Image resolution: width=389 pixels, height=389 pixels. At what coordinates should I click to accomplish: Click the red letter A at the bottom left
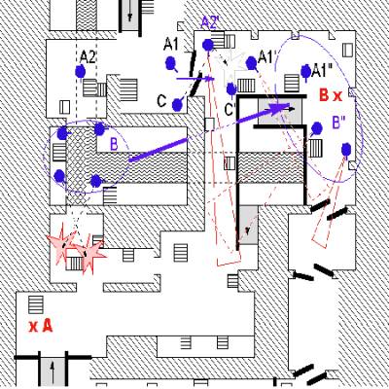(48, 326)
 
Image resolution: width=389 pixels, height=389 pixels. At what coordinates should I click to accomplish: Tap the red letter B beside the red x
(324, 95)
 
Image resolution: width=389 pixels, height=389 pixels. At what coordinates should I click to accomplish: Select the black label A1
(171, 45)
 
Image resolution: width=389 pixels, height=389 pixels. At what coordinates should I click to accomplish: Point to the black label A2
(88, 57)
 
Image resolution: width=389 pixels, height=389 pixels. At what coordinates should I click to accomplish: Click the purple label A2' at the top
(211, 22)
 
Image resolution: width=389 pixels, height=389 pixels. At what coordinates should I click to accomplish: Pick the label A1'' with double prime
(322, 71)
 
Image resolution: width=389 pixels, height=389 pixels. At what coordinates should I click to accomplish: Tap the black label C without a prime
(161, 101)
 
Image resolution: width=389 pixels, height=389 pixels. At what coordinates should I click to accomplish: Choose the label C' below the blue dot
(230, 110)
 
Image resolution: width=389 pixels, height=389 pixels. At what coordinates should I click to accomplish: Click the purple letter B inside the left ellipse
(114, 145)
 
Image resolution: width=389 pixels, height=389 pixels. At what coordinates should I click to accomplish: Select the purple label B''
(338, 124)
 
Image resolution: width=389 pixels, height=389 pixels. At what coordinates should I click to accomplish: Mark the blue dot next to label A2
(80, 71)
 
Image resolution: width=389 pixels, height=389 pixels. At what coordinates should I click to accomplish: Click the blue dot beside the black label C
(177, 105)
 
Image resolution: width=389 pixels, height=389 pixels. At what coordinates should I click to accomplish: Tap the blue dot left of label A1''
(305, 71)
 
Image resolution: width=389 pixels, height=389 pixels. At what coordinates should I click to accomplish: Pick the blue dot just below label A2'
(208, 45)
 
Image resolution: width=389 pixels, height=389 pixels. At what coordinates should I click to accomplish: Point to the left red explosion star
(62, 241)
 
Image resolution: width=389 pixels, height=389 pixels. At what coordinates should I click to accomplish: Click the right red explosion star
(90, 254)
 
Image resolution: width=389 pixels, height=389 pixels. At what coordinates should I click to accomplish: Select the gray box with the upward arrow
(53, 372)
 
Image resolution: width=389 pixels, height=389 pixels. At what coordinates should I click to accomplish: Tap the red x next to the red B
(337, 96)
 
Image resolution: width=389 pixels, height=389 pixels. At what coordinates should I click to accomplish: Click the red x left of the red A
(33, 327)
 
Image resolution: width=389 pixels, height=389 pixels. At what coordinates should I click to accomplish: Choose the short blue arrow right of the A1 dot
(195, 79)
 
